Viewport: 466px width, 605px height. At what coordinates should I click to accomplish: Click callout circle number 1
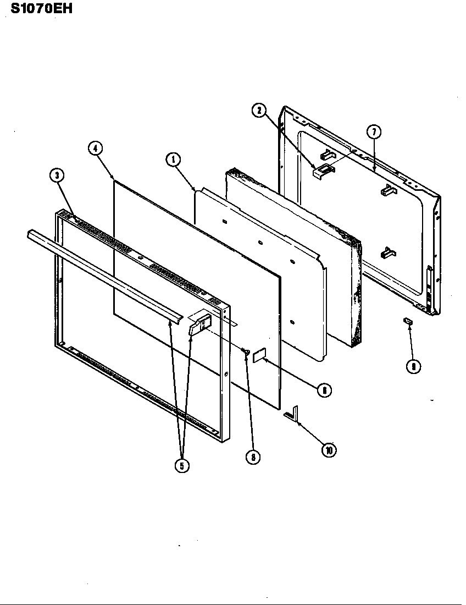[173, 160]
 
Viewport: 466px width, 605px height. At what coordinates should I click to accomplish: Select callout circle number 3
[57, 176]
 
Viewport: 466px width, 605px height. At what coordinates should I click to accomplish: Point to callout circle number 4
[95, 147]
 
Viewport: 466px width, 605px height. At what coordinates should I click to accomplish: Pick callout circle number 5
[182, 465]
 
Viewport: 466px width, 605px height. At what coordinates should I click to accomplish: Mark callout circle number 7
[374, 132]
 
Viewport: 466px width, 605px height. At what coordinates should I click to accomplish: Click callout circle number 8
[253, 457]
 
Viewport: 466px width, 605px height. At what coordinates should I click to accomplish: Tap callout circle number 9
[413, 366]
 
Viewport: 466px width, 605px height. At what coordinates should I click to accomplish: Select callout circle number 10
[329, 450]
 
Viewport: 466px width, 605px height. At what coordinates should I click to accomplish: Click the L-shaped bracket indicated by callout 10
[292, 414]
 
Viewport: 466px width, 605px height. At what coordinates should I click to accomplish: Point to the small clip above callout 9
[408, 321]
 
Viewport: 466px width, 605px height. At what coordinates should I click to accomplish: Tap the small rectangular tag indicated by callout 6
[259, 355]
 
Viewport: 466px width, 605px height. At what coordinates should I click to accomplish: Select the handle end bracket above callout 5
[200, 322]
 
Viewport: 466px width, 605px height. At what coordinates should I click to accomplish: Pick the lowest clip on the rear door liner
[387, 252]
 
